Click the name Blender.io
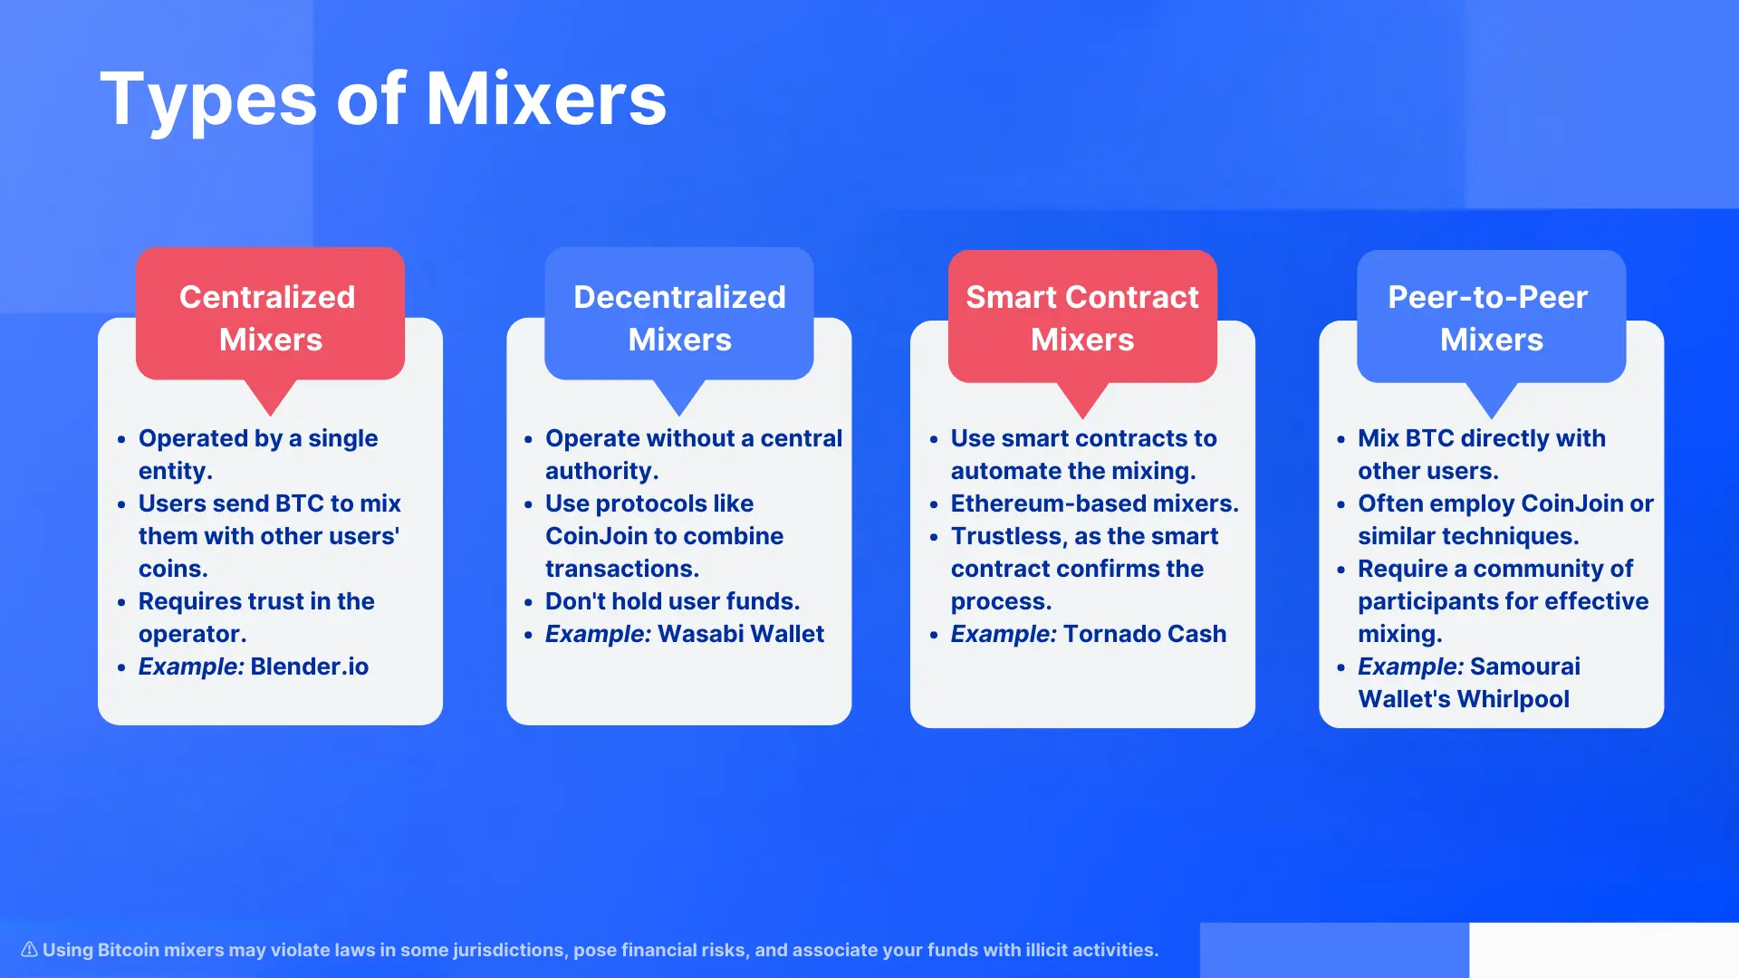pyautogui.click(x=310, y=666)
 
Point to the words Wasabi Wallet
pyautogui.click(x=741, y=634)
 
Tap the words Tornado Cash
pyautogui.click(x=1145, y=634)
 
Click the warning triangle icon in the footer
pyautogui.click(x=29, y=949)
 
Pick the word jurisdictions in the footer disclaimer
pyautogui.click(x=509, y=950)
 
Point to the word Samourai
pyautogui.click(x=1525, y=666)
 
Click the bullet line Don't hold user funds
pyautogui.click(x=672, y=601)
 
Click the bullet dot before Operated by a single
pyautogui.click(x=121, y=440)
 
